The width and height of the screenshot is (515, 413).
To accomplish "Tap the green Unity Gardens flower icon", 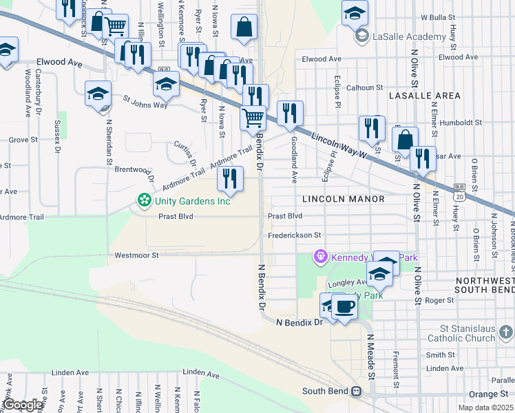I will click(145, 201).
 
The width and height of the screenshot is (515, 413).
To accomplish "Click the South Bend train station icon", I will click(356, 391).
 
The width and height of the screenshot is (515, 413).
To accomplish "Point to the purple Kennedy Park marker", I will click(319, 257).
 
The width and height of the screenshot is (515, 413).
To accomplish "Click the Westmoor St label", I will click(136, 255).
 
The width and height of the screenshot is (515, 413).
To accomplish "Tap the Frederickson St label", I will click(295, 235).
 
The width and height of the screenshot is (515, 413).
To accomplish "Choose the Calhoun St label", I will click(364, 87).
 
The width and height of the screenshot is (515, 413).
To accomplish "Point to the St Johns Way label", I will click(145, 101).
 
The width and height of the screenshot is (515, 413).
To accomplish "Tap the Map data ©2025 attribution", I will click(487, 408).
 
